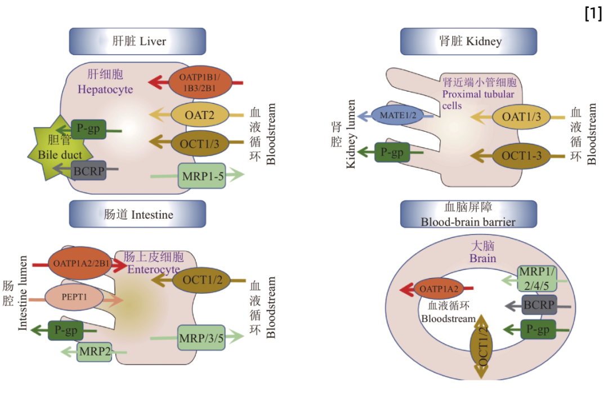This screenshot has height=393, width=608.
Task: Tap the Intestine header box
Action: coord(137,214)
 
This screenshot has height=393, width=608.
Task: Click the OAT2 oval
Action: coord(200,114)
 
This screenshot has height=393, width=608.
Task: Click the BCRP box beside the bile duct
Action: coord(90,170)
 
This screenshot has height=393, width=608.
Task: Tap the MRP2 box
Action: coord(95,352)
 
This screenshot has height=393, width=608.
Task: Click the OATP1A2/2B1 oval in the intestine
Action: coord(79,263)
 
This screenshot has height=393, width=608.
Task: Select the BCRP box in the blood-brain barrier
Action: coord(539,306)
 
